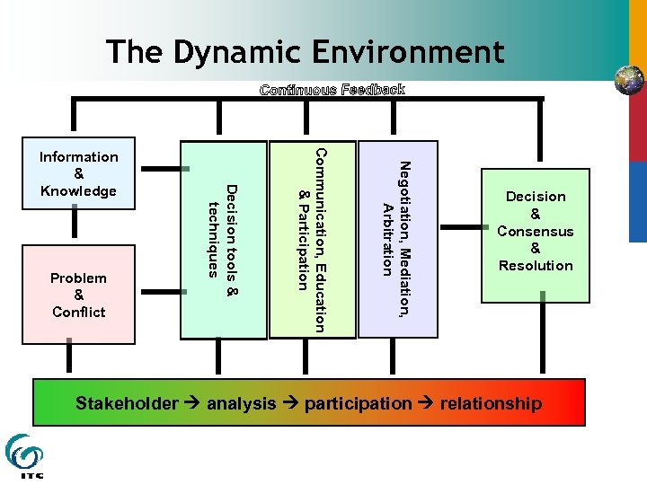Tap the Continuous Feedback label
point(332,90)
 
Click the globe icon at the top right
point(629,80)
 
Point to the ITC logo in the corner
point(24,456)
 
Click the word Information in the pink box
point(79,157)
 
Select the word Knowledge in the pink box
point(79,191)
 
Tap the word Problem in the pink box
point(79,278)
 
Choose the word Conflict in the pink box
point(79,313)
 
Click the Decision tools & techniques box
point(224,240)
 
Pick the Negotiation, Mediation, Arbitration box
point(397,240)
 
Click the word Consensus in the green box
point(536,231)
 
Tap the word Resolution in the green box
point(536,266)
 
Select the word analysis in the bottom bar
point(241,403)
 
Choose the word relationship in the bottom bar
point(491,403)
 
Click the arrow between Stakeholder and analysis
point(191,403)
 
